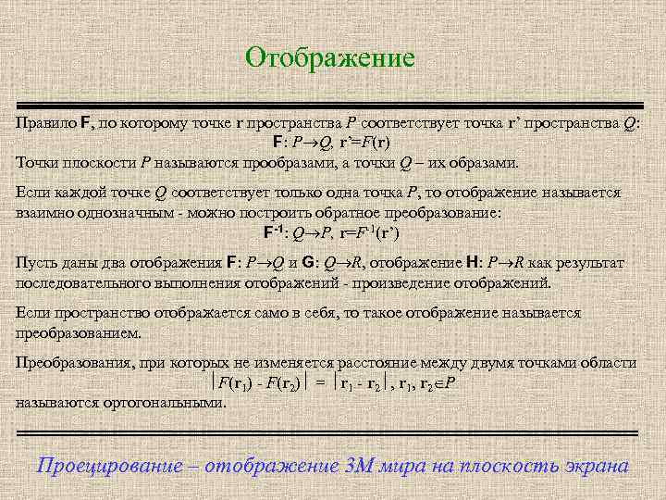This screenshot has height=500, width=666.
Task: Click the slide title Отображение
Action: coord(330,57)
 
